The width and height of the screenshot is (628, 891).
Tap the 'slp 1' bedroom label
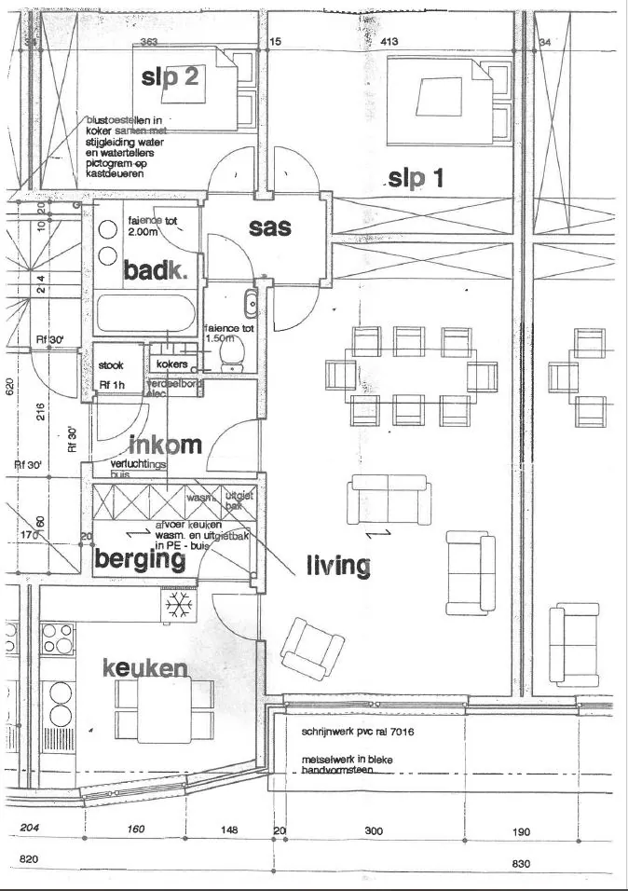(416, 178)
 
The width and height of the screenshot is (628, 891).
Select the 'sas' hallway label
(270, 226)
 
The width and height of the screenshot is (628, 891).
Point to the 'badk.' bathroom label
(156, 271)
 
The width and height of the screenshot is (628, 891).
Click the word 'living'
(338, 565)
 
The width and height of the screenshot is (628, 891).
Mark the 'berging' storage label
(140, 559)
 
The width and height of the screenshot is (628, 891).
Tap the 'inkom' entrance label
(165, 445)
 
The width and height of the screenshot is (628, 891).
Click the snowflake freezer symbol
(177, 608)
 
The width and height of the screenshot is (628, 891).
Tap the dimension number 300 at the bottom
(375, 830)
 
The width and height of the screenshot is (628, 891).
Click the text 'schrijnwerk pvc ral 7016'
(358, 732)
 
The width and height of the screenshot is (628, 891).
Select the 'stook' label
(111, 365)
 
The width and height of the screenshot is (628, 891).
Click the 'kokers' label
(172, 363)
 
